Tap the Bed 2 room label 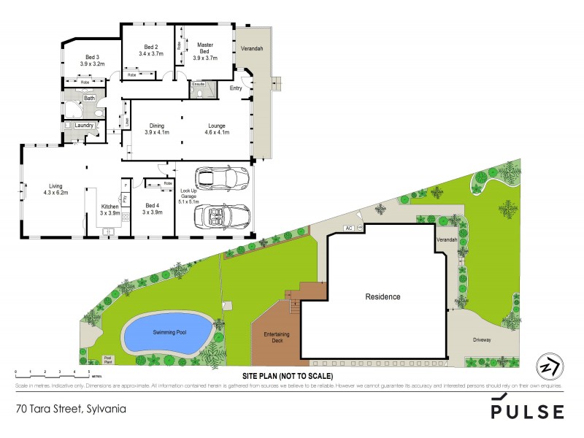(x=151, y=50)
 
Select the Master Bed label (x=206, y=49)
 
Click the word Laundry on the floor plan (x=84, y=126)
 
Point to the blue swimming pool (x=169, y=333)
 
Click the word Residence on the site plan (x=383, y=297)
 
